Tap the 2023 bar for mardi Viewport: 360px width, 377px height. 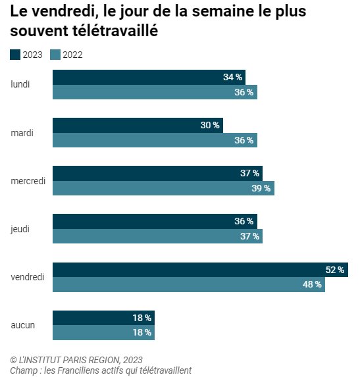[x=138, y=125]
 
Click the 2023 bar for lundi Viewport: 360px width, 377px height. [x=149, y=77]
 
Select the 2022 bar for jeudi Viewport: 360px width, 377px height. [x=157, y=236]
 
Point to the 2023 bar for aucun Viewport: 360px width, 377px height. [x=103, y=318]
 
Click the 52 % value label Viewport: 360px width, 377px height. [x=335, y=270]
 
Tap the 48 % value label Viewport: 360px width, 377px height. [x=313, y=285]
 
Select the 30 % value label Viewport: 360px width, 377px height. [x=211, y=125]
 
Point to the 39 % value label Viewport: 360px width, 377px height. [x=261, y=188]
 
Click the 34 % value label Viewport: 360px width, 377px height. [x=232, y=77]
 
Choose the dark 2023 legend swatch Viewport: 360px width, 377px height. [x=16, y=55]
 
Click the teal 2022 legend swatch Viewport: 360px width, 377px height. [x=56, y=55]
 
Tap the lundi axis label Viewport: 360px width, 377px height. [x=20, y=84]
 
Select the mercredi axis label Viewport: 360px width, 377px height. [x=28, y=181]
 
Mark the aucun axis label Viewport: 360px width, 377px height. [x=23, y=325]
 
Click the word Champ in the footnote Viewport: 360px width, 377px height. [x=24, y=370]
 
